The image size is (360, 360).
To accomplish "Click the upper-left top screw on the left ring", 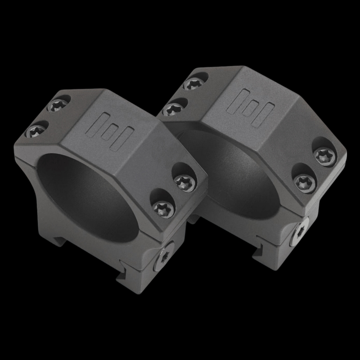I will click(58, 105).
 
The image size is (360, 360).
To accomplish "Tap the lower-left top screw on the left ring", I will click(35, 131).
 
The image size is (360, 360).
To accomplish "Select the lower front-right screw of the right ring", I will click(304, 182).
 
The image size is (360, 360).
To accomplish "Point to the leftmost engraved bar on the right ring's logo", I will click(234, 100).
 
